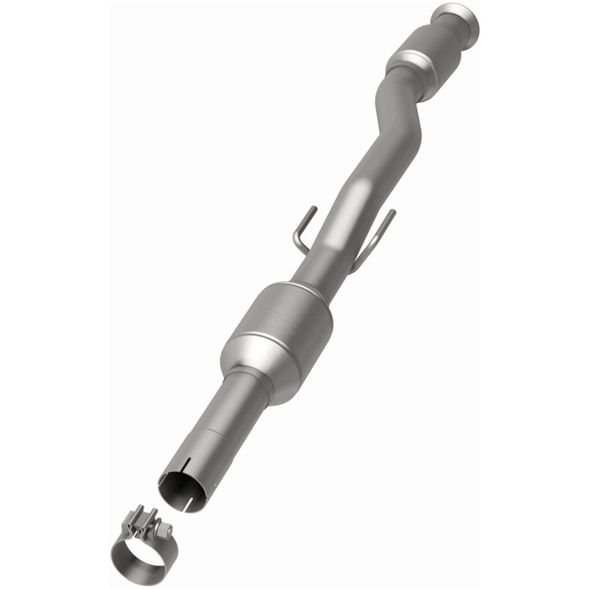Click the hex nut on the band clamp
pos(157,527)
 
